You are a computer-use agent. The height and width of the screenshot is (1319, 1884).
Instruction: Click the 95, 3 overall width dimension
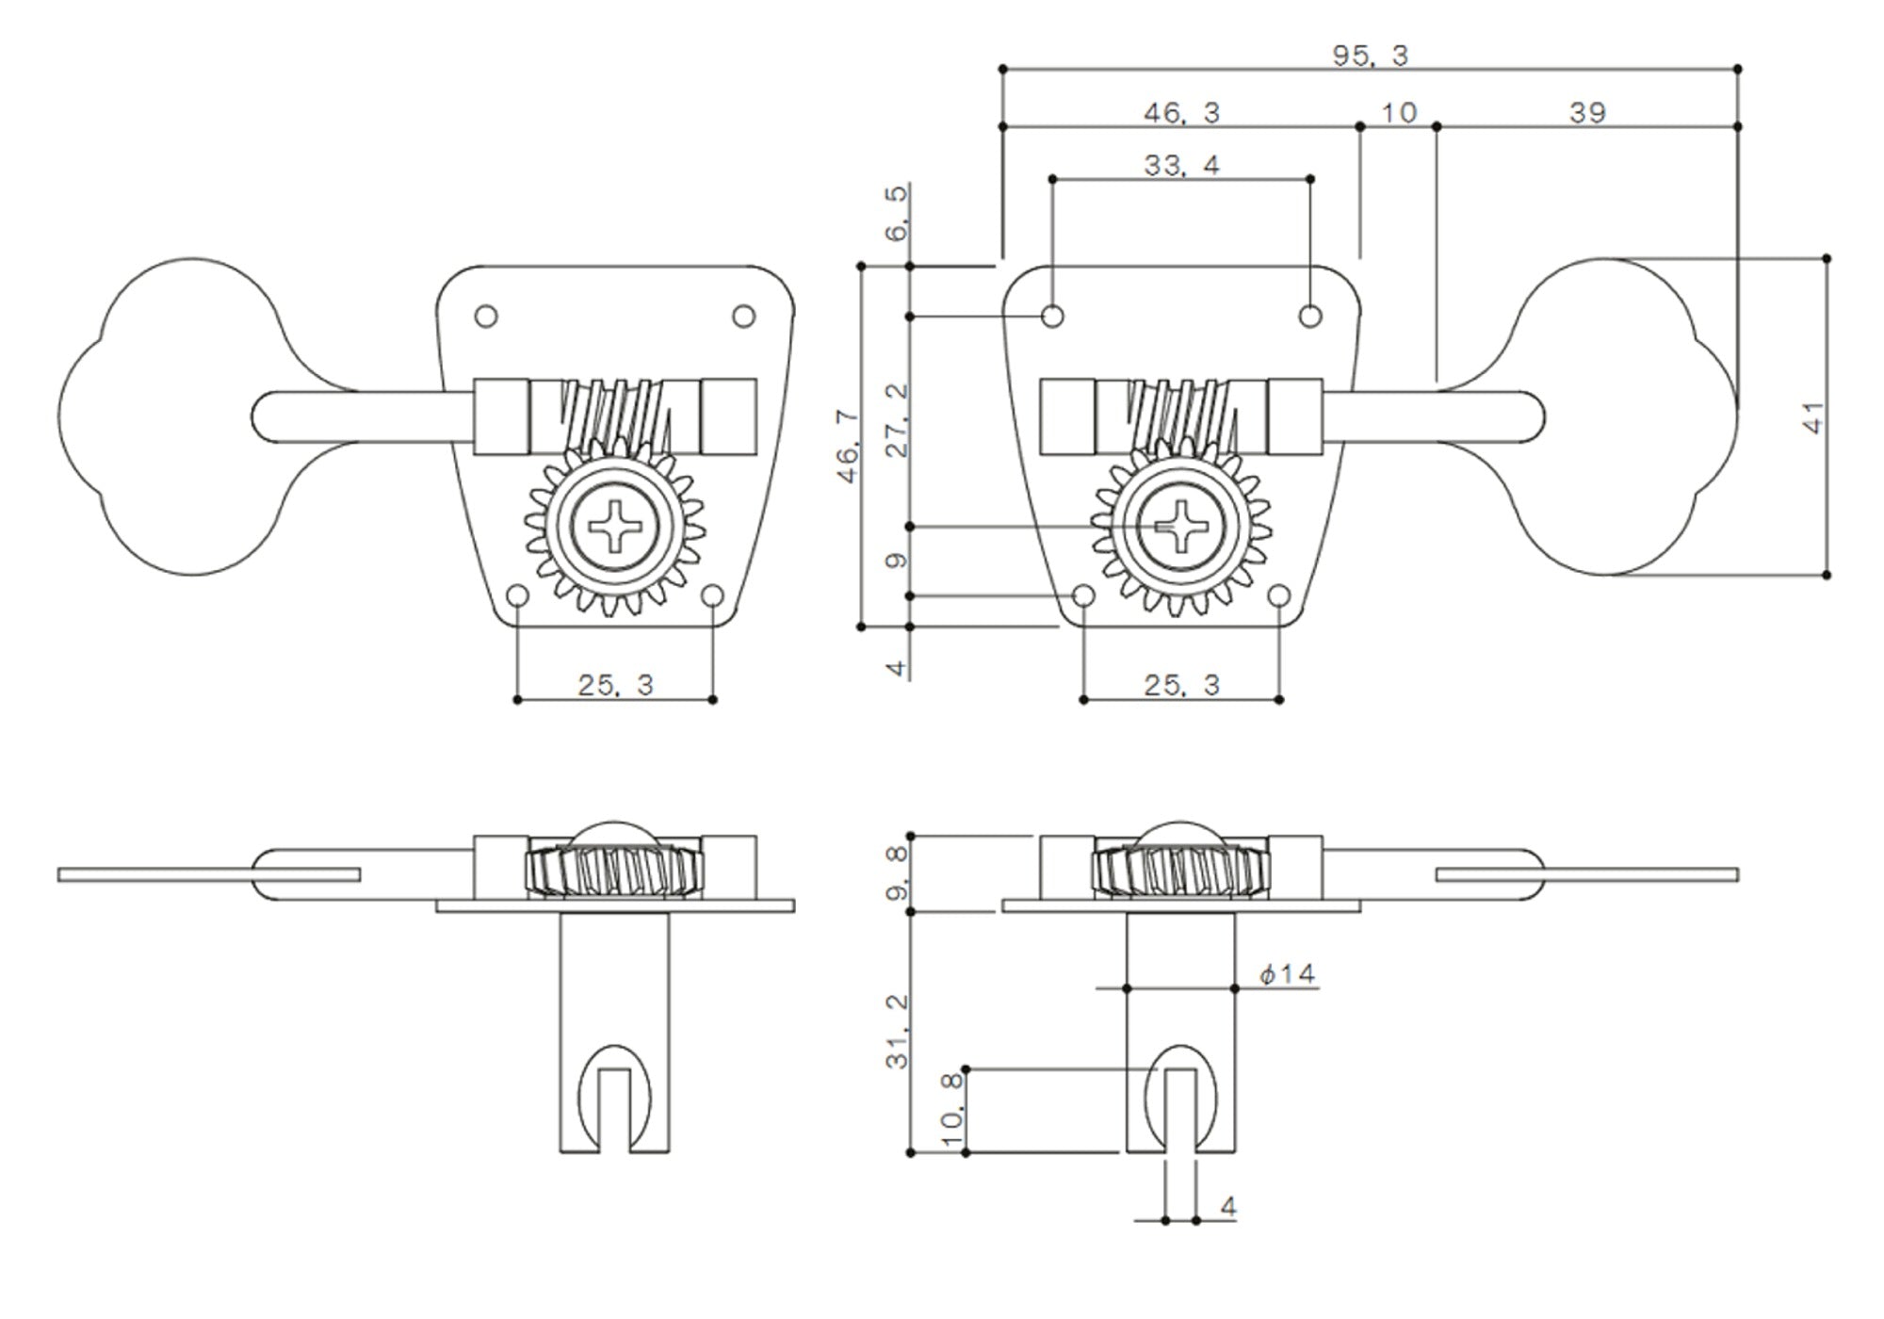pyautogui.click(x=1370, y=57)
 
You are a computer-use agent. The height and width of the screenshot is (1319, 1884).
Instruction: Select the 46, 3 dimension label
pyautogui.click(x=1181, y=113)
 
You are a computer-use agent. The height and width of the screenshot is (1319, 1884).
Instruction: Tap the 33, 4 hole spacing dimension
pyautogui.click(x=1181, y=166)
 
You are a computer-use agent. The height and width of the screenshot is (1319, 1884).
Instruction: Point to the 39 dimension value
pyautogui.click(x=1587, y=113)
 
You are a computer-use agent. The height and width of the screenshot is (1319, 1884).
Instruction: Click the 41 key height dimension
pyautogui.click(x=1813, y=416)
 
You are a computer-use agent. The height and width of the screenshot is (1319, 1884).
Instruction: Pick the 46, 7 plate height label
pyautogui.click(x=849, y=446)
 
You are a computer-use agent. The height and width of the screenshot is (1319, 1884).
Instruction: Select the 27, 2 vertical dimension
pyautogui.click(x=898, y=420)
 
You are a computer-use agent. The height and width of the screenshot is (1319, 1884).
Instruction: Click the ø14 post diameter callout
pyautogui.click(x=1288, y=973)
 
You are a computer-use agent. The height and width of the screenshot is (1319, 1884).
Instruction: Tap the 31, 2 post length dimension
pyautogui.click(x=898, y=1031)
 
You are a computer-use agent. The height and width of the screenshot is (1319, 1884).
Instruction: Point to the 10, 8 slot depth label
pyautogui.click(x=953, y=1109)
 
